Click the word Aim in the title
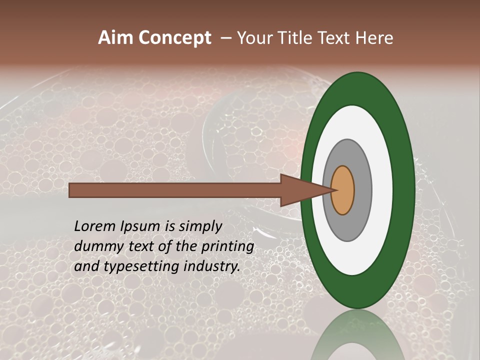[x=115, y=38]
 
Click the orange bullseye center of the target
[x=342, y=190]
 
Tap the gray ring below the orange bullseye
[x=347, y=227]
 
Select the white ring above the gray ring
[x=353, y=122]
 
